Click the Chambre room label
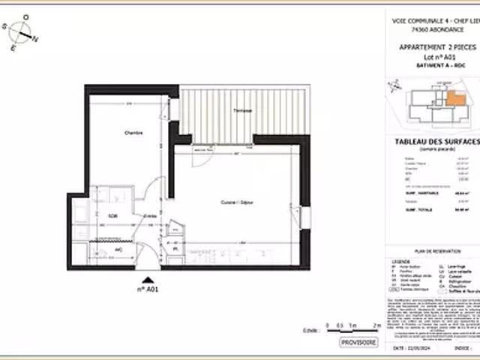(x=133, y=133)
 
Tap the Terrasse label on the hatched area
(x=241, y=111)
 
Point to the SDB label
(x=112, y=216)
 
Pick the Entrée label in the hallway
(x=150, y=216)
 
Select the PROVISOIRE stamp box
(x=359, y=342)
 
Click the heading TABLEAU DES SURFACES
(x=436, y=142)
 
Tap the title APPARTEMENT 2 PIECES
(x=436, y=47)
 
